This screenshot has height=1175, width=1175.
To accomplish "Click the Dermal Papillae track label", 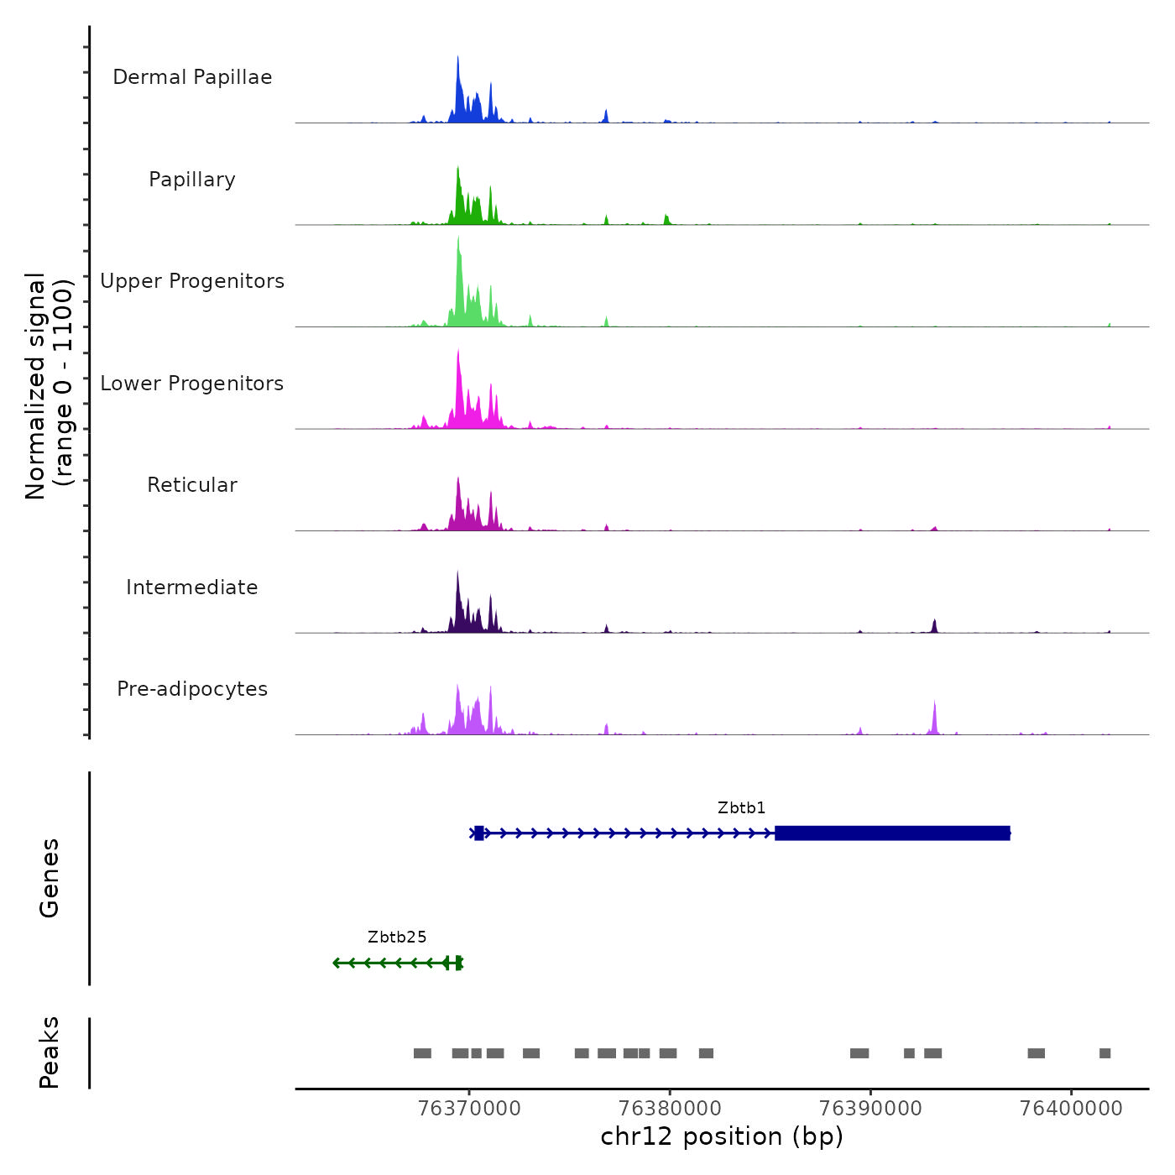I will tap(192, 77).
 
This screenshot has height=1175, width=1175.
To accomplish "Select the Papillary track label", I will tap(192, 180).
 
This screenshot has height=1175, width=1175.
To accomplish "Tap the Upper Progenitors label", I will tap(192, 281).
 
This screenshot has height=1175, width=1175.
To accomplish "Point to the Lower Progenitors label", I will tap(192, 384).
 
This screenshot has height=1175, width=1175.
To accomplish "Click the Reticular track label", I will tap(192, 485).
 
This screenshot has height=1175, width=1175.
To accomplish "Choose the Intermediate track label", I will tap(192, 587).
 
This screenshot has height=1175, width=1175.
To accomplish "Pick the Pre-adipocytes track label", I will tap(192, 689).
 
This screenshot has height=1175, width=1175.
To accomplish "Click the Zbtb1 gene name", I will tap(741, 808).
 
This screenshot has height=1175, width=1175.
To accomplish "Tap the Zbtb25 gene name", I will tap(397, 937).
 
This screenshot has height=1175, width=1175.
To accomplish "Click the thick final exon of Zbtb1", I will tap(892, 833).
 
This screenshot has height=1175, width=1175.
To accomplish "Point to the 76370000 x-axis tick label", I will tap(469, 1109).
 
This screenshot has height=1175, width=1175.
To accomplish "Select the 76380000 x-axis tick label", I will tap(670, 1109).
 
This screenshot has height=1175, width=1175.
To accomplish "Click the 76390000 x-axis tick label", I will tap(870, 1109).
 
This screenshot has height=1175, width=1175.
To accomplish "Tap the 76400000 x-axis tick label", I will tap(1071, 1109).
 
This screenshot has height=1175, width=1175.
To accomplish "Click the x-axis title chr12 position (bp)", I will tap(722, 1136).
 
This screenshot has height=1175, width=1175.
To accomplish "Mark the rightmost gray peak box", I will tap(1104, 1053).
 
